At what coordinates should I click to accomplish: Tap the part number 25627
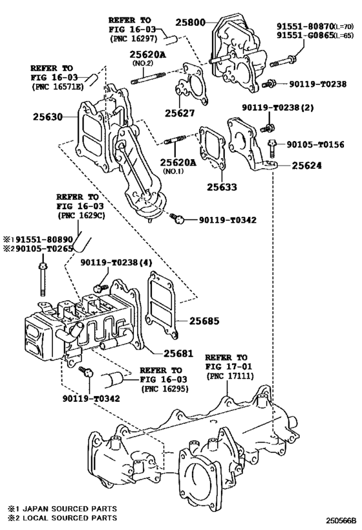[x=179, y=112]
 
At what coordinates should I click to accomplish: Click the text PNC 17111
[x=226, y=377]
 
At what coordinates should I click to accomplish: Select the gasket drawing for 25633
[x=211, y=153]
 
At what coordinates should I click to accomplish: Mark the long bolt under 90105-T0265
[x=44, y=278]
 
